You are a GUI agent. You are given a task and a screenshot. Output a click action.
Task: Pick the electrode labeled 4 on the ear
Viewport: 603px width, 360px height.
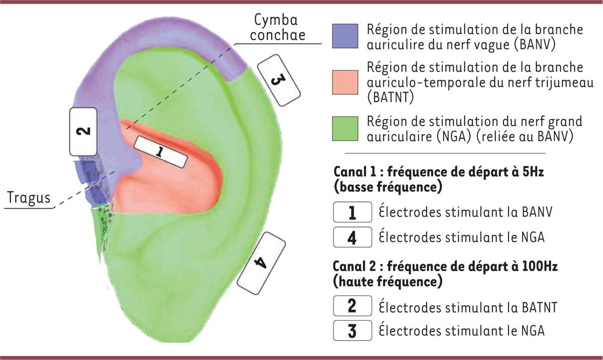click(x=261, y=263)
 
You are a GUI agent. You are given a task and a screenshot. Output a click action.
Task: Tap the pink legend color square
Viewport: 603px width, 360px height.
click(x=345, y=82)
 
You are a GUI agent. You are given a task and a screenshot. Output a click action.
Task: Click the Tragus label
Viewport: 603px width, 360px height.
click(x=29, y=198)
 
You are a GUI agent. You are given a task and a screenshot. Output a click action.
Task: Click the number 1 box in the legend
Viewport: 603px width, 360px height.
click(x=352, y=212)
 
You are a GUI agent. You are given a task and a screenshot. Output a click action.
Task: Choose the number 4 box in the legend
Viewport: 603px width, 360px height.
click(x=352, y=237)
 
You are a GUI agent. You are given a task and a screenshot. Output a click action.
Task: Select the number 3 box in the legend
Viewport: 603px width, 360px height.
click(x=352, y=331)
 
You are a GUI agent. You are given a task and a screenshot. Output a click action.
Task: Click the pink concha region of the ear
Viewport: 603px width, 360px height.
click(x=176, y=186)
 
